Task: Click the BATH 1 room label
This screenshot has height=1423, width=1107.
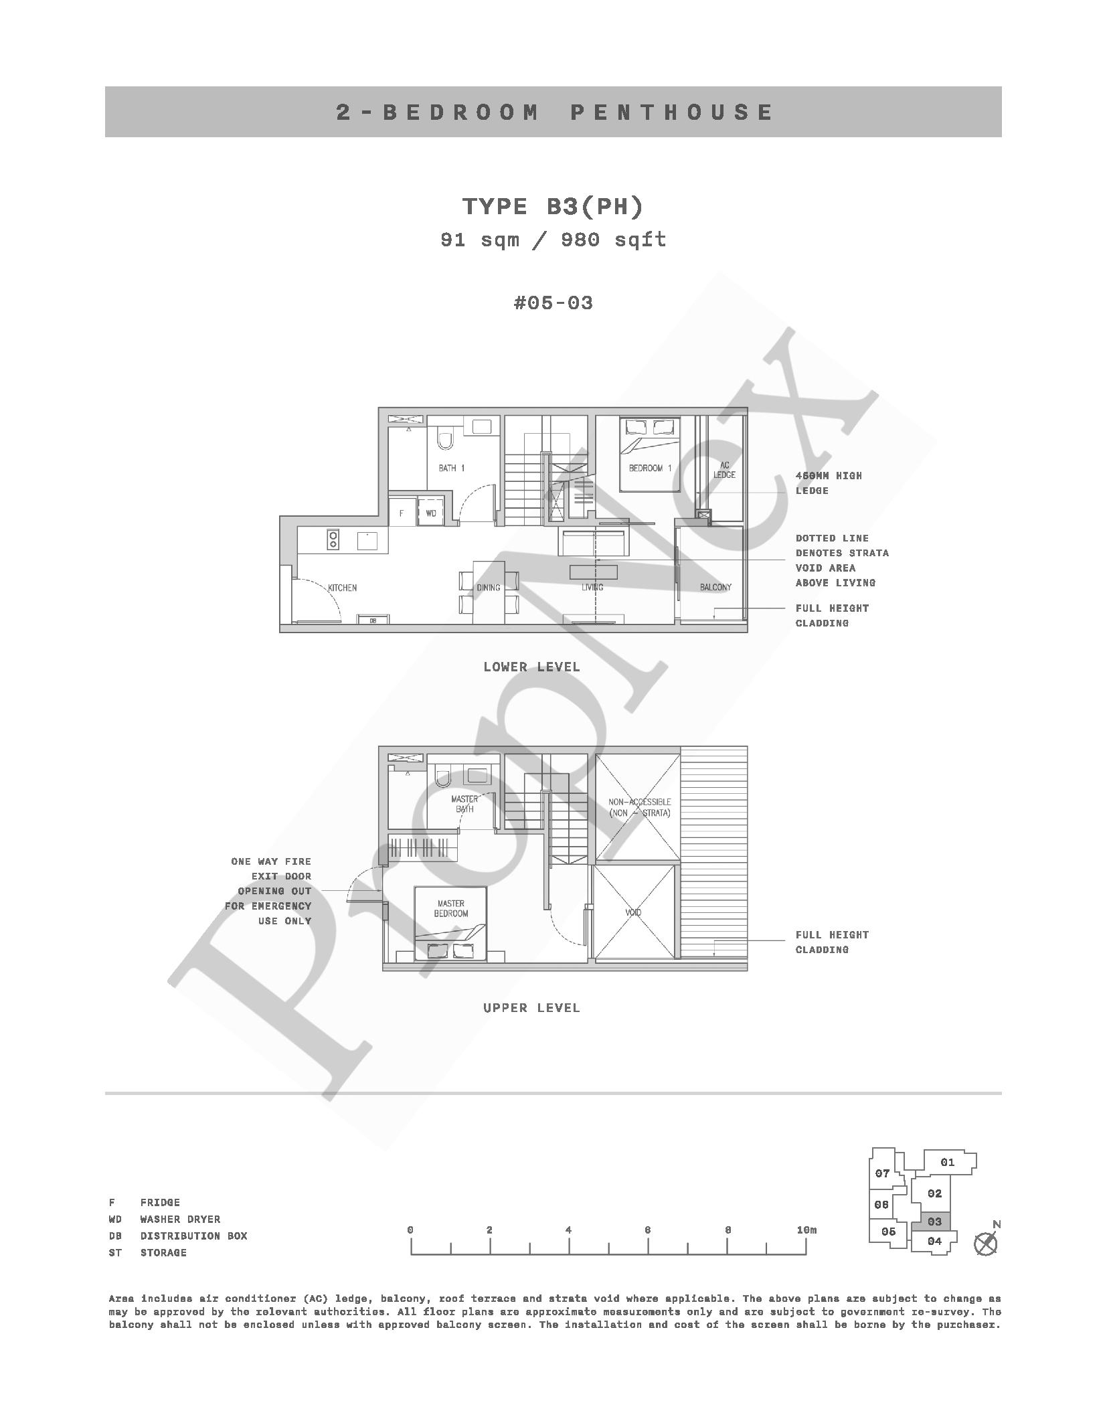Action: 451,468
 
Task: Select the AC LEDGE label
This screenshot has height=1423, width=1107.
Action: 724,470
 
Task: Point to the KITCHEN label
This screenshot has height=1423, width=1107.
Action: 342,588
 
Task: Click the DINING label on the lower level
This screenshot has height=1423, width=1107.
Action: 489,588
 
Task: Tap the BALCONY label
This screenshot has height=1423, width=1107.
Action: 715,587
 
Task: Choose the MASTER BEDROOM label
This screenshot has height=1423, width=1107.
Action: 451,908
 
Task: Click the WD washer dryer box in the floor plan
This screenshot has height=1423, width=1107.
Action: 431,513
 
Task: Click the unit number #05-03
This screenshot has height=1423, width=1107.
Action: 553,303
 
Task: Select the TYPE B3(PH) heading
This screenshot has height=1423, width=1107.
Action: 553,206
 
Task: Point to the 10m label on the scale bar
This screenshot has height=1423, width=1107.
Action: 806,1230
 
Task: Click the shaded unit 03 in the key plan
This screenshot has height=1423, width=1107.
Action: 934,1222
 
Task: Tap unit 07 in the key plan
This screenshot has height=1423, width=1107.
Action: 882,1173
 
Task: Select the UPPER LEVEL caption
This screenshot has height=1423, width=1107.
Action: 531,1007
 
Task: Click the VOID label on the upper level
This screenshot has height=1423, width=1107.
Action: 632,912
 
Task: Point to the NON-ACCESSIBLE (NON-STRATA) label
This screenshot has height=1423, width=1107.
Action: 639,807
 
